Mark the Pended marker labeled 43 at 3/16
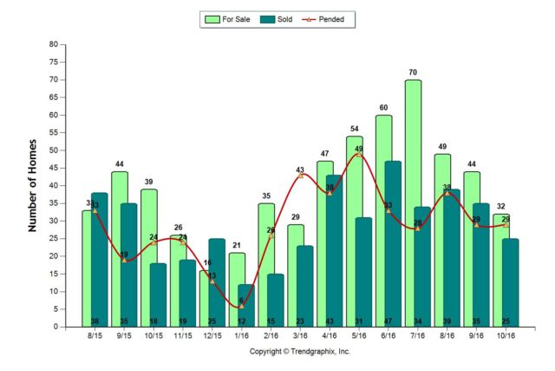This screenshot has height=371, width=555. tap(300, 176)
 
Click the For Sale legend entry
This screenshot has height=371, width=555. tap(229, 18)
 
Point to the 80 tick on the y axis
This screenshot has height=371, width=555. tap(54, 44)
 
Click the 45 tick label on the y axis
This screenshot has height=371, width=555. tap(54, 168)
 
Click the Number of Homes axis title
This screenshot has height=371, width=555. tap(33, 185)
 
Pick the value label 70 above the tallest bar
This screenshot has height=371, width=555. tap(413, 72)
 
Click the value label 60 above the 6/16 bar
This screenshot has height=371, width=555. tap(383, 108)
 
